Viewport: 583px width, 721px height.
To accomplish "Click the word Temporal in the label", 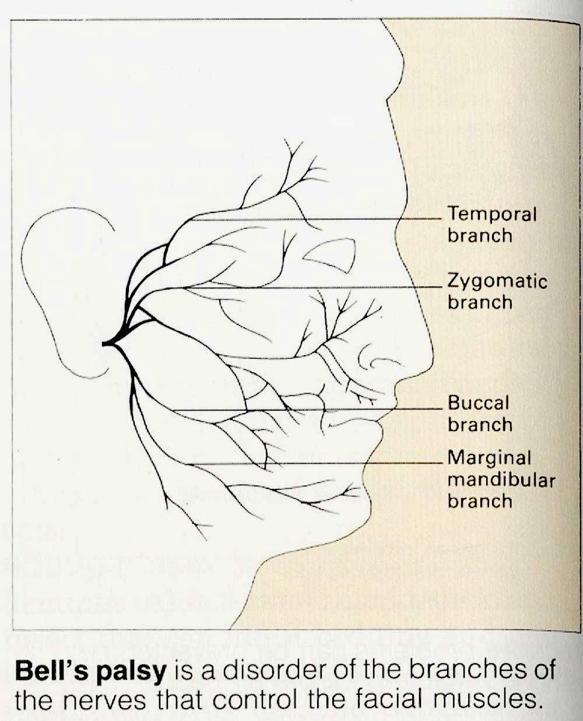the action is pos(491,214).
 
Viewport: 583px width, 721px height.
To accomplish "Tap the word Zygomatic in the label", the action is pos(497,282).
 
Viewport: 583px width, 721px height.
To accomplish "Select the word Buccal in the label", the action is pos(478,402).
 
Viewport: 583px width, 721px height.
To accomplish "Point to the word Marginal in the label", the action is pos(489,458).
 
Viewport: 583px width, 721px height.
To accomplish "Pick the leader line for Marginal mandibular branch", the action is pos(315,464).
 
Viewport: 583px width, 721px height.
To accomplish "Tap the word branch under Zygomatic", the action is pos(480,302).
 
